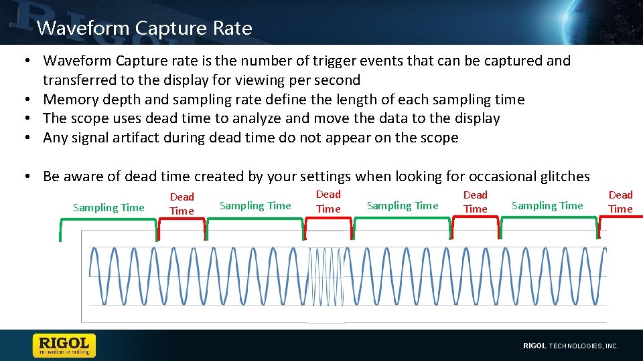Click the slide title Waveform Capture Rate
point(145,28)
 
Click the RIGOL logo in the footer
point(64,345)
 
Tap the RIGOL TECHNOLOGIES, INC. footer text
point(570,346)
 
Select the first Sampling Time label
point(109,207)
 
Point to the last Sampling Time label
point(547,205)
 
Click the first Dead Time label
point(182,204)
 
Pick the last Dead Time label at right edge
point(620,202)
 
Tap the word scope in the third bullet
point(92,118)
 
